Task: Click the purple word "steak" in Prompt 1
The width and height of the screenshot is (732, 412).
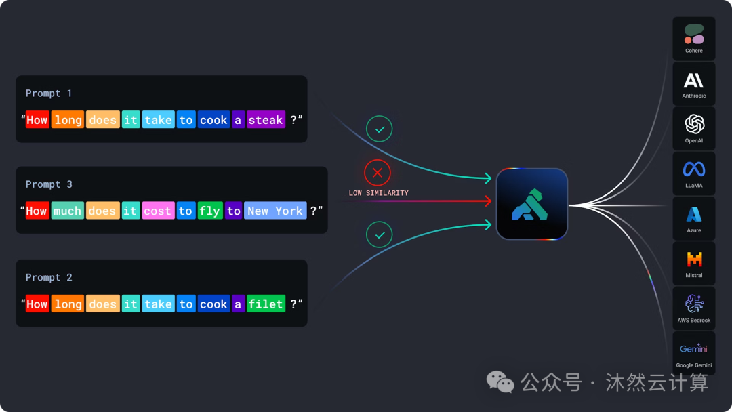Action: coord(266,120)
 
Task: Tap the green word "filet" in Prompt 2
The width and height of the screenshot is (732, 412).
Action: coord(266,304)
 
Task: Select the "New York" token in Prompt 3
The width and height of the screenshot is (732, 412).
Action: coord(275,211)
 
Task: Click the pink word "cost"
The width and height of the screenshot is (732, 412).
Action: coord(158,211)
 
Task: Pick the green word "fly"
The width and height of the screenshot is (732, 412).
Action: coord(209,211)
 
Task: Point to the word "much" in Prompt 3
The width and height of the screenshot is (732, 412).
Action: coord(68,211)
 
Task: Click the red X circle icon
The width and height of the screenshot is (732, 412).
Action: coord(378,173)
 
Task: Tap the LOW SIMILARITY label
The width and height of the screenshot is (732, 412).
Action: coord(379,193)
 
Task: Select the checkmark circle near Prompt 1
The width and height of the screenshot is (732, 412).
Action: coord(379,129)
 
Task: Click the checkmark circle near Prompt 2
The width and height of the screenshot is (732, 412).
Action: coord(379,234)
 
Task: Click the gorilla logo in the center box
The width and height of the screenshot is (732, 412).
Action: coord(529,205)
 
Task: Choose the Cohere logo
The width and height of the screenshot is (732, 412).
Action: coord(694,35)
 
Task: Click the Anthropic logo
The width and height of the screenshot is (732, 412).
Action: coord(694,80)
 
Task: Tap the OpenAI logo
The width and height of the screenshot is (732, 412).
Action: coord(694,124)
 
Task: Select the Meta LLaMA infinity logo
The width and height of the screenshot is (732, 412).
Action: coord(694,169)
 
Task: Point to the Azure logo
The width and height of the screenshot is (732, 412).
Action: coord(694,214)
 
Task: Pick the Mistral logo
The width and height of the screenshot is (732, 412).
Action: coord(694,259)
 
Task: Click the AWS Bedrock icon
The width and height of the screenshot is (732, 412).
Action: coord(694,304)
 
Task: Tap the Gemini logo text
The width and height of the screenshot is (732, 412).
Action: coord(693,348)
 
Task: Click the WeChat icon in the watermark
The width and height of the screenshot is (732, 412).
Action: coord(500,382)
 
